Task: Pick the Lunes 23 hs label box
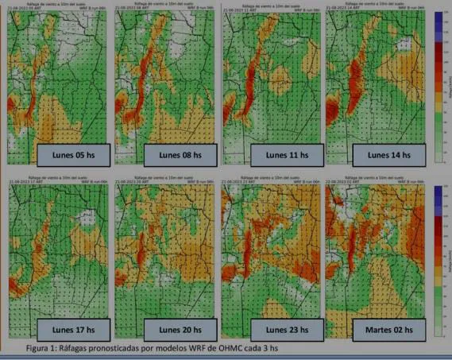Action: tap(284, 327)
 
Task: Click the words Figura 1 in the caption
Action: tap(44, 347)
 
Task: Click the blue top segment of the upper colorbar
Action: tap(438, 21)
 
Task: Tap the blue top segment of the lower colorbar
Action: tap(438, 195)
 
